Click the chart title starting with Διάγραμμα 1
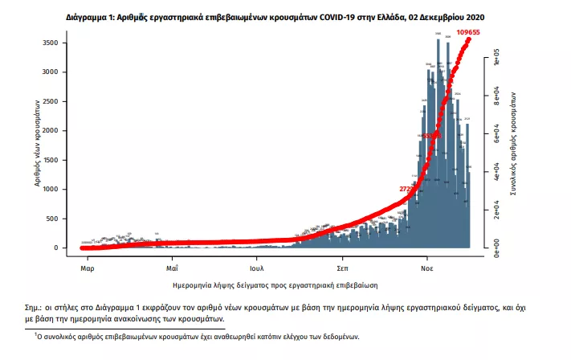click(x=285, y=17)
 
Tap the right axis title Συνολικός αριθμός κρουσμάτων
click(x=514, y=143)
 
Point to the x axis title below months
click(x=275, y=285)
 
